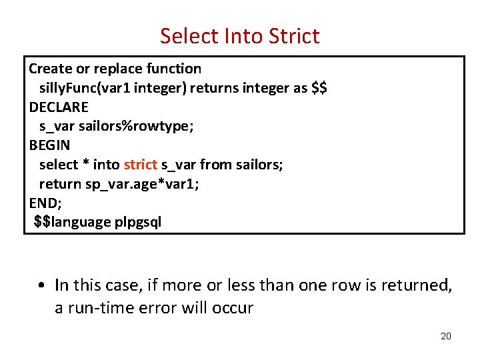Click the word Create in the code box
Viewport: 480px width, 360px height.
[x=50, y=69]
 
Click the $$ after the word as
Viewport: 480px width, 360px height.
[x=319, y=88]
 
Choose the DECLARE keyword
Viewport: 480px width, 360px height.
[x=59, y=107]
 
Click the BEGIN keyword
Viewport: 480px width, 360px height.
[x=49, y=145]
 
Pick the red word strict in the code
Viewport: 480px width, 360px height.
[x=140, y=164]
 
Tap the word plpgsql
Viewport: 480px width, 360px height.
[x=138, y=221]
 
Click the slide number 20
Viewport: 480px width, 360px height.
[x=446, y=336]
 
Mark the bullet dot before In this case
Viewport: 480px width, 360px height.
[x=41, y=285]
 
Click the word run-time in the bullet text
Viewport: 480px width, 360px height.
[x=103, y=309]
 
